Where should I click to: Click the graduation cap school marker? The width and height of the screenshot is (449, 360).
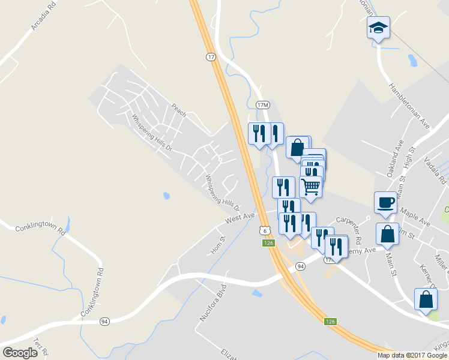coord(378,28)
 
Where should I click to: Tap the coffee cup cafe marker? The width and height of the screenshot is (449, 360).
coord(385,202)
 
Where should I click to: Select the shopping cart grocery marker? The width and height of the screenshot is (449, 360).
coord(310,187)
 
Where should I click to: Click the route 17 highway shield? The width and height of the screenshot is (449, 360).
coord(210,57)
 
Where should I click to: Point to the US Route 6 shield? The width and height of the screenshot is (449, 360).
coord(264,230)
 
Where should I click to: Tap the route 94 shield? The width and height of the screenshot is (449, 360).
coord(104,322)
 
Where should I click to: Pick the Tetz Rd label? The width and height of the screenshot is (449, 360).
coord(40,347)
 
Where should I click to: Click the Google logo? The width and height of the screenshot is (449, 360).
coord(20,352)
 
